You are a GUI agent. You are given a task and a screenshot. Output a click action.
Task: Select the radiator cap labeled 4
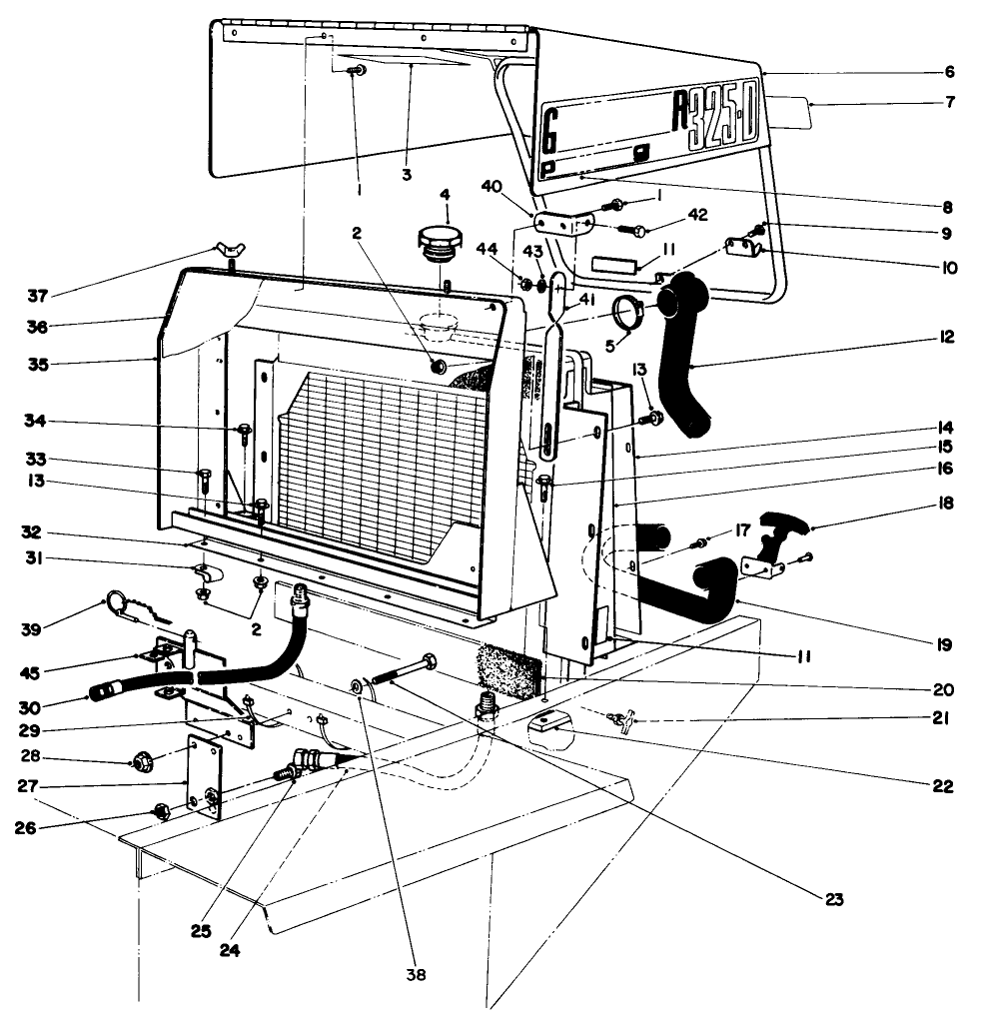[x=439, y=243]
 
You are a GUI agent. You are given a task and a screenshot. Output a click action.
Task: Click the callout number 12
[x=945, y=337]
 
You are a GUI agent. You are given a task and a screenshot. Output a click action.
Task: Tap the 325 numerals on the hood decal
[x=710, y=126]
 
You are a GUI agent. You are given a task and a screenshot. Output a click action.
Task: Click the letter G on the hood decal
[x=550, y=130]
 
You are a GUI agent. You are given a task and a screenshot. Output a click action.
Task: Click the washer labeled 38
[x=358, y=687]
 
